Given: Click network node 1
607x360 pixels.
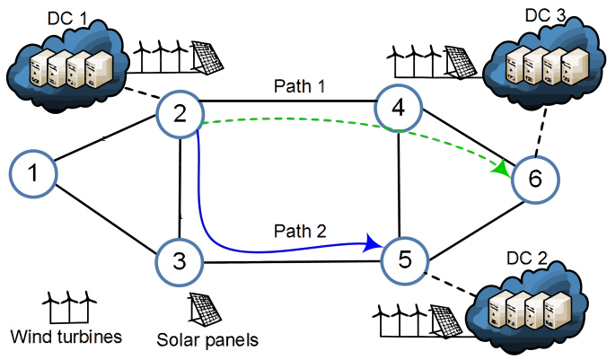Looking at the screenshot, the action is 33,173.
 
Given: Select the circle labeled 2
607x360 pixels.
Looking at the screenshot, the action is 180,115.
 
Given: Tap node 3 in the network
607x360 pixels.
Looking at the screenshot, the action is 180,261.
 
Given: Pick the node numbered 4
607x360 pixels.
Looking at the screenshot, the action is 399,108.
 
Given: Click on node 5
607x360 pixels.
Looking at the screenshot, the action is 405,259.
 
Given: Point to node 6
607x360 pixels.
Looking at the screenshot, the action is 535,180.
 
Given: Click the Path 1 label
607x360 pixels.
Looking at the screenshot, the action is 300,86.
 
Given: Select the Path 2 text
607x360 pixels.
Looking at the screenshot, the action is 300,231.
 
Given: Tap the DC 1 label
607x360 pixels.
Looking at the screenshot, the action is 67,18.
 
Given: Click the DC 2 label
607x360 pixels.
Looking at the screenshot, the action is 527,259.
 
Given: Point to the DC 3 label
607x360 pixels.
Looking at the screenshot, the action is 545,15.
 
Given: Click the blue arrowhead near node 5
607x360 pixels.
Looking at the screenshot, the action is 372,243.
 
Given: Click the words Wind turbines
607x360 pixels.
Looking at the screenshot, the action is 66,337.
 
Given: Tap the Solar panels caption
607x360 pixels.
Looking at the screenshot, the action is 207,340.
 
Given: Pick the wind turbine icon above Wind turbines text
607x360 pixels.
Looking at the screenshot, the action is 69,307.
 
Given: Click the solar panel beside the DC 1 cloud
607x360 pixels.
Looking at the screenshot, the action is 207,57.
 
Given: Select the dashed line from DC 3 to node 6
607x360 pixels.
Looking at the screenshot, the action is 541,132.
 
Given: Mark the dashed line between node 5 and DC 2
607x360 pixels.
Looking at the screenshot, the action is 451,284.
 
